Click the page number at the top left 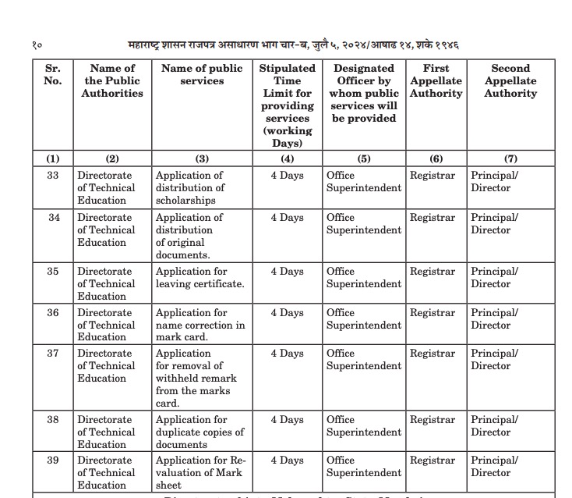(38, 44)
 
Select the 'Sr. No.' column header (53, 74)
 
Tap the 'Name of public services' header (202, 74)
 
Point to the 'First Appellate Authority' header (436, 80)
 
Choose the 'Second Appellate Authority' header (510, 80)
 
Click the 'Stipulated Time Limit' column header (287, 105)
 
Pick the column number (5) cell (364, 158)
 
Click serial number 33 (53, 176)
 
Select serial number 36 (53, 313)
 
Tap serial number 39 (53, 461)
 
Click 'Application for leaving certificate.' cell (200, 278)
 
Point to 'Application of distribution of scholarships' (191, 187)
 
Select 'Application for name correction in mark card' (200, 325)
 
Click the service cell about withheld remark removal (196, 378)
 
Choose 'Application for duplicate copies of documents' (200, 432)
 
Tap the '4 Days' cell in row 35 (287, 272)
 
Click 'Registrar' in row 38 (433, 420)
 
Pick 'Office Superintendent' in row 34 (364, 224)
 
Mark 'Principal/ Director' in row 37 (494, 360)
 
